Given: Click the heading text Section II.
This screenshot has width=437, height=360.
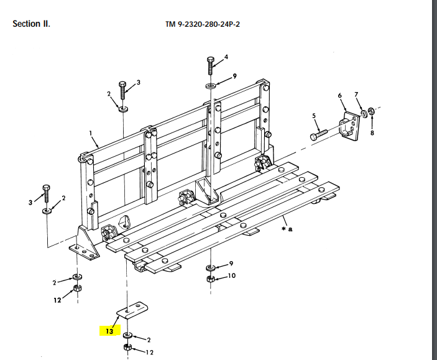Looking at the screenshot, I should tap(31, 24).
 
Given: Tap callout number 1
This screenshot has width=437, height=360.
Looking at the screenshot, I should tap(91, 132).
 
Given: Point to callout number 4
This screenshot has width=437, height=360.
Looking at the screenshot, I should tap(226, 57).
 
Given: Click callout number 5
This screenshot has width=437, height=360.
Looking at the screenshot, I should tap(314, 116).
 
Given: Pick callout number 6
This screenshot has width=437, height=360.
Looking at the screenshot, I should tap(339, 95).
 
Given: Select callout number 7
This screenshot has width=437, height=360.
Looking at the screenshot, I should tap(356, 95).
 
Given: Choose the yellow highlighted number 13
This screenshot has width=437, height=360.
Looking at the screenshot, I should tap(109, 331).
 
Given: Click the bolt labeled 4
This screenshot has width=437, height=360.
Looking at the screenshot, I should tap(211, 66).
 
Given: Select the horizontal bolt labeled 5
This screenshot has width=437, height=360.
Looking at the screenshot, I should tap(319, 132).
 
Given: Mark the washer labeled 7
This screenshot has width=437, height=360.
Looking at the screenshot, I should tap(362, 114).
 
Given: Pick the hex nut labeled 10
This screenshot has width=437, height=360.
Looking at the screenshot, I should tap(211, 277).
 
